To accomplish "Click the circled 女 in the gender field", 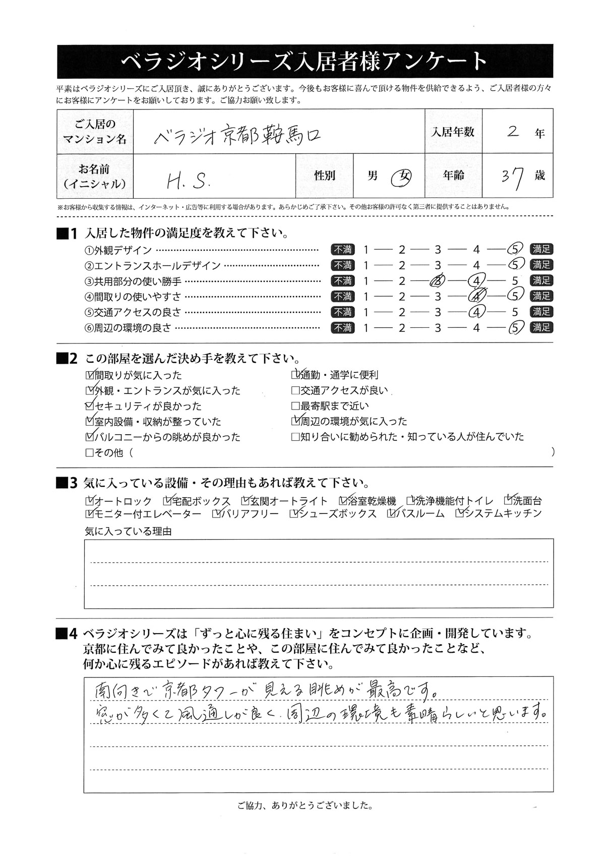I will click(403, 176).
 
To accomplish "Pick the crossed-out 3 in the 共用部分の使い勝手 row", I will click(436, 280).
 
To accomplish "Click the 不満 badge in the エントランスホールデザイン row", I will click(343, 265).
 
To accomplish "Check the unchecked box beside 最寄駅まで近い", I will click(295, 406).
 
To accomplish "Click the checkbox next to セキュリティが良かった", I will click(90, 406).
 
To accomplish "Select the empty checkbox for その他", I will click(90, 452).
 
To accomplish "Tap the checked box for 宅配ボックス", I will click(167, 501).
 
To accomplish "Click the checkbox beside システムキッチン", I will click(460, 513).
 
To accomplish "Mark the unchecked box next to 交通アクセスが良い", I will click(295, 390).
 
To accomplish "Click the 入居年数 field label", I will click(453, 132).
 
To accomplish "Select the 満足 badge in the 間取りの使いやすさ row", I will click(541, 296).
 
